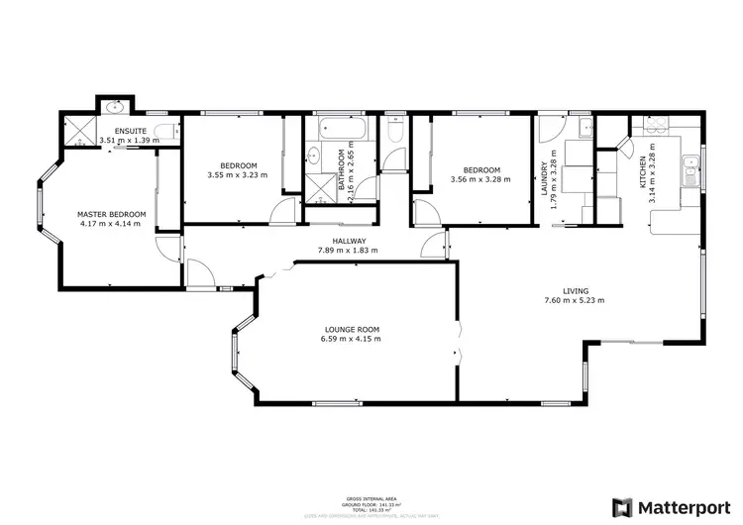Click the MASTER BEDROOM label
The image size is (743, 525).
pyautogui.click(x=112, y=214)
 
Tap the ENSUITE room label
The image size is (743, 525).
pyautogui.click(x=130, y=131)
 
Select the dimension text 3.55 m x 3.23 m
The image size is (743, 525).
pyautogui.click(x=239, y=175)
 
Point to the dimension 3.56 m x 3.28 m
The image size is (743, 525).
pyautogui.click(x=480, y=179)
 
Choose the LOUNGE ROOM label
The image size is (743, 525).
pyautogui.click(x=351, y=329)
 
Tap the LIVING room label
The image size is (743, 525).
pyautogui.click(x=576, y=290)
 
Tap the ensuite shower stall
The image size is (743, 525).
pyautogui.click(x=76, y=131)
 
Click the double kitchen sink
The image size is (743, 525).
pyautogui.click(x=690, y=172)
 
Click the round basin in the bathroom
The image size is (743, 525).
pyautogui.click(x=314, y=155)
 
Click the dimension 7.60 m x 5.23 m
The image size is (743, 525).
pyautogui.click(x=576, y=300)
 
